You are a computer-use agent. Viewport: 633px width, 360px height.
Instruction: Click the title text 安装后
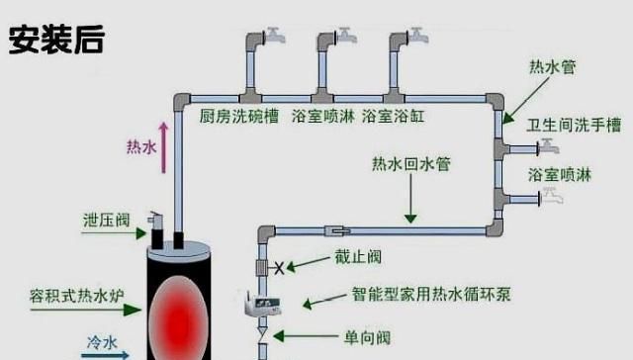coord(55,39)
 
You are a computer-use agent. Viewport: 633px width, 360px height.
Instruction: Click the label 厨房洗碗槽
coord(238,117)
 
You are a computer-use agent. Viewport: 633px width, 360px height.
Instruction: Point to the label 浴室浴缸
coord(390,117)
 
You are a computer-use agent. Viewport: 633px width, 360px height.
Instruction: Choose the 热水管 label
coord(553,67)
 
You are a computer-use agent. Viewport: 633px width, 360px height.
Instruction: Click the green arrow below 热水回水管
coord(409,202)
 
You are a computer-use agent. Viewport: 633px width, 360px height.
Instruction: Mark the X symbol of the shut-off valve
coord(280,267)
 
